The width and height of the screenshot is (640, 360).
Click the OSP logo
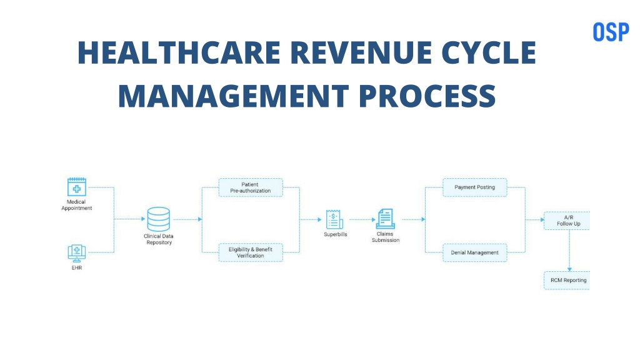tap(611, 32)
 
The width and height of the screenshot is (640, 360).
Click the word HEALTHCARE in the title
tap(179, 52)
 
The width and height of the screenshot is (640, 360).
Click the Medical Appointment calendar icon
tap(77, 187)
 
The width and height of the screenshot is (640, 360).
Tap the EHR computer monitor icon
tap(77, 254)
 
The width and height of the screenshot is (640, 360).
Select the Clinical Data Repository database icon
tap(158, 219)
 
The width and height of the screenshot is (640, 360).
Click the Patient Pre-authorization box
tap(251, 187)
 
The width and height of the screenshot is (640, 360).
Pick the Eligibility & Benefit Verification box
tap(251, 252)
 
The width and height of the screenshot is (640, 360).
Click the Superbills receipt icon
tap(334, 219)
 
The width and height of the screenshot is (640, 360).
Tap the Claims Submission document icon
tap(385, 219)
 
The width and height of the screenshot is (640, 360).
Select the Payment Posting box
tap(475, 187)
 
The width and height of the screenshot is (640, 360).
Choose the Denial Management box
tap(475, 252)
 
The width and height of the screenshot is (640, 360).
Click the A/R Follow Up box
tap(567, 221)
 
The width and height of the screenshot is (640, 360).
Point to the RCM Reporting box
tap(567, 281)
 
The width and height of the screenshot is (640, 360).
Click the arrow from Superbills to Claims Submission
tap(362, 219)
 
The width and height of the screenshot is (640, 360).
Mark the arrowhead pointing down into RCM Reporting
tap(569, 269)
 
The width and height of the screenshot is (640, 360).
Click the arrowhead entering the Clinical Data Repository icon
tap(143, 219)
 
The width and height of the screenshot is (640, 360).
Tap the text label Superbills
tap(336, 234)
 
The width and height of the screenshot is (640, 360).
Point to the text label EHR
tap(77, 267)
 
